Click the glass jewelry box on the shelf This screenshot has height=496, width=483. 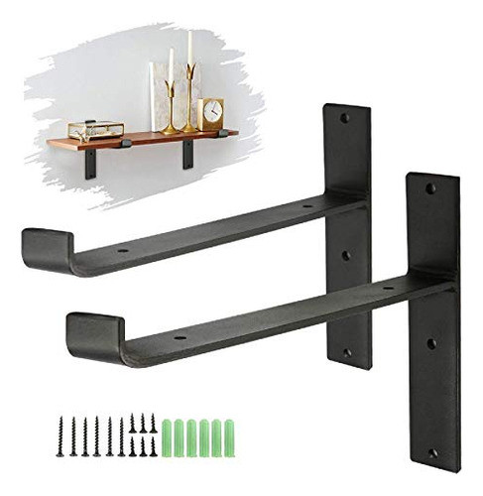95,130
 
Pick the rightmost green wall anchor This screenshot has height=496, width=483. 226,434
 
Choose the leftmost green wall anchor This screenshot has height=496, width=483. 168,434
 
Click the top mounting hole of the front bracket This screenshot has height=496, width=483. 430,186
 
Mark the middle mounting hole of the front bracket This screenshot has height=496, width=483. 431,344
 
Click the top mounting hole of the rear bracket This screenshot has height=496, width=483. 345,118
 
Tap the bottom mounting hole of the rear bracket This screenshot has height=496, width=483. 347,352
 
